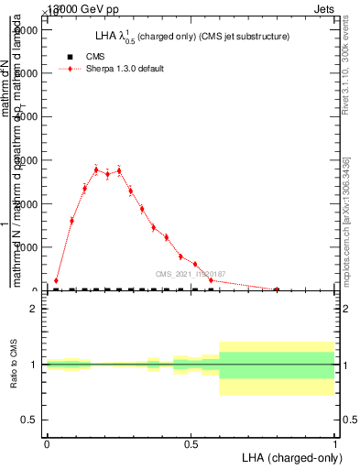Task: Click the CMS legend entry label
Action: coord(96,57)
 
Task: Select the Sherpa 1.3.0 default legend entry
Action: coord(125,69)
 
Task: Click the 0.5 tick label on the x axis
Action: coord(191,444)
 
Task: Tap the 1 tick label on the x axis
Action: coord(335,444)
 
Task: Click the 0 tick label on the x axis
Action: coord(47,444)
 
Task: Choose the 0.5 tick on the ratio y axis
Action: coord(29,420)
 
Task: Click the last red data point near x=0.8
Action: coord(277,289)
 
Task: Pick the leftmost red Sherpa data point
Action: coord(56,280)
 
